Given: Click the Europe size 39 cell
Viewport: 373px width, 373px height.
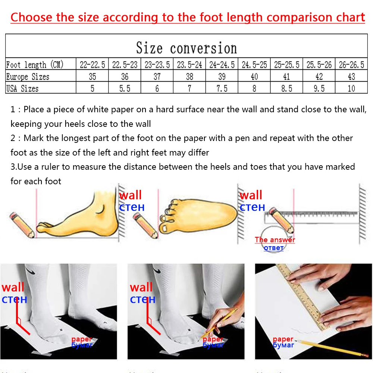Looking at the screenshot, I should [222, 76].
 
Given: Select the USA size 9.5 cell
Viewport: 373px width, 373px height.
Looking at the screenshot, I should [319, 88].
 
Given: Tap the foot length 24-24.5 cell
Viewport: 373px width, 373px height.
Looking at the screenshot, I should [222, 65].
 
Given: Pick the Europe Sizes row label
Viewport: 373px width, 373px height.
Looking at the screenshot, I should [28, 76].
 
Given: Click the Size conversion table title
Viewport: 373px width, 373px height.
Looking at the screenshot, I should [186, 48].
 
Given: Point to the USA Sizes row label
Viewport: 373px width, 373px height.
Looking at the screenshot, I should [22, 88].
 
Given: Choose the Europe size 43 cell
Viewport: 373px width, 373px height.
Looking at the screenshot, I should [351, 76].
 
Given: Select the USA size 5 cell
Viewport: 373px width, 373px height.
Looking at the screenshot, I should [92, 88].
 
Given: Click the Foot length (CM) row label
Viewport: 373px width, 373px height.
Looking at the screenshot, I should [35, 65].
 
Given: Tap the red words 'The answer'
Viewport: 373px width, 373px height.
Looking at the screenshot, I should [275, 239].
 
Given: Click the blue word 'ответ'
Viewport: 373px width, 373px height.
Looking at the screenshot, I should [273, 248].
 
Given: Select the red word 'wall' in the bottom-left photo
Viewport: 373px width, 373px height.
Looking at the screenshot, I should [13, 288].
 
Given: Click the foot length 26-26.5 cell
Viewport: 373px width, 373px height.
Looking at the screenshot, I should [351, 65].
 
